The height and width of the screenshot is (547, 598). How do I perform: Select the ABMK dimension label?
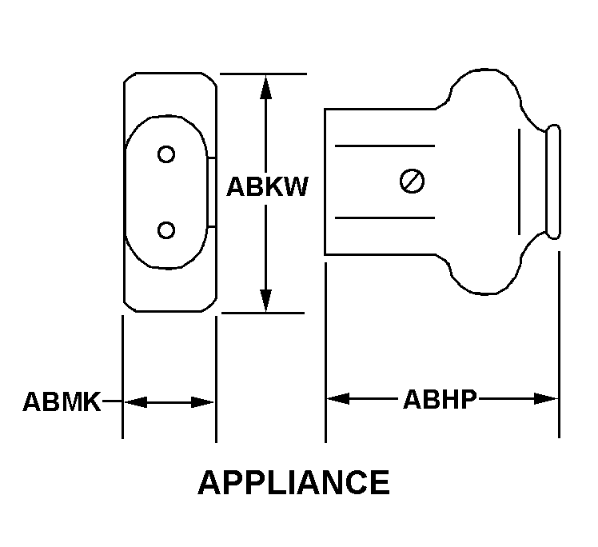pos(62,401)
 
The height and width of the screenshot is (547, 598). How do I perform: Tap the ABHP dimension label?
pos(439,398)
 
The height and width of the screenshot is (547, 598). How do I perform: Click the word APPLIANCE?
pos(293,482)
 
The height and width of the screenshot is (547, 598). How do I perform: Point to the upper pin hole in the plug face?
pos(166,154)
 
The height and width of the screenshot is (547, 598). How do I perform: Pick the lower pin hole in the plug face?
pos(166,230)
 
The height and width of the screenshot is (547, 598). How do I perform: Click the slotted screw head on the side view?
pos(412,182)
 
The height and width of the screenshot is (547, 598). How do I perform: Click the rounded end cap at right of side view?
pos(552,182)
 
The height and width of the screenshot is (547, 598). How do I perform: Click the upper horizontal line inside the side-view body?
pos(385,146)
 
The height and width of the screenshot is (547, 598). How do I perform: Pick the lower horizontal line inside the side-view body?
pos(385,218)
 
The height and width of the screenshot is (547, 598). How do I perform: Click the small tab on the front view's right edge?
pos(213,192)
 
